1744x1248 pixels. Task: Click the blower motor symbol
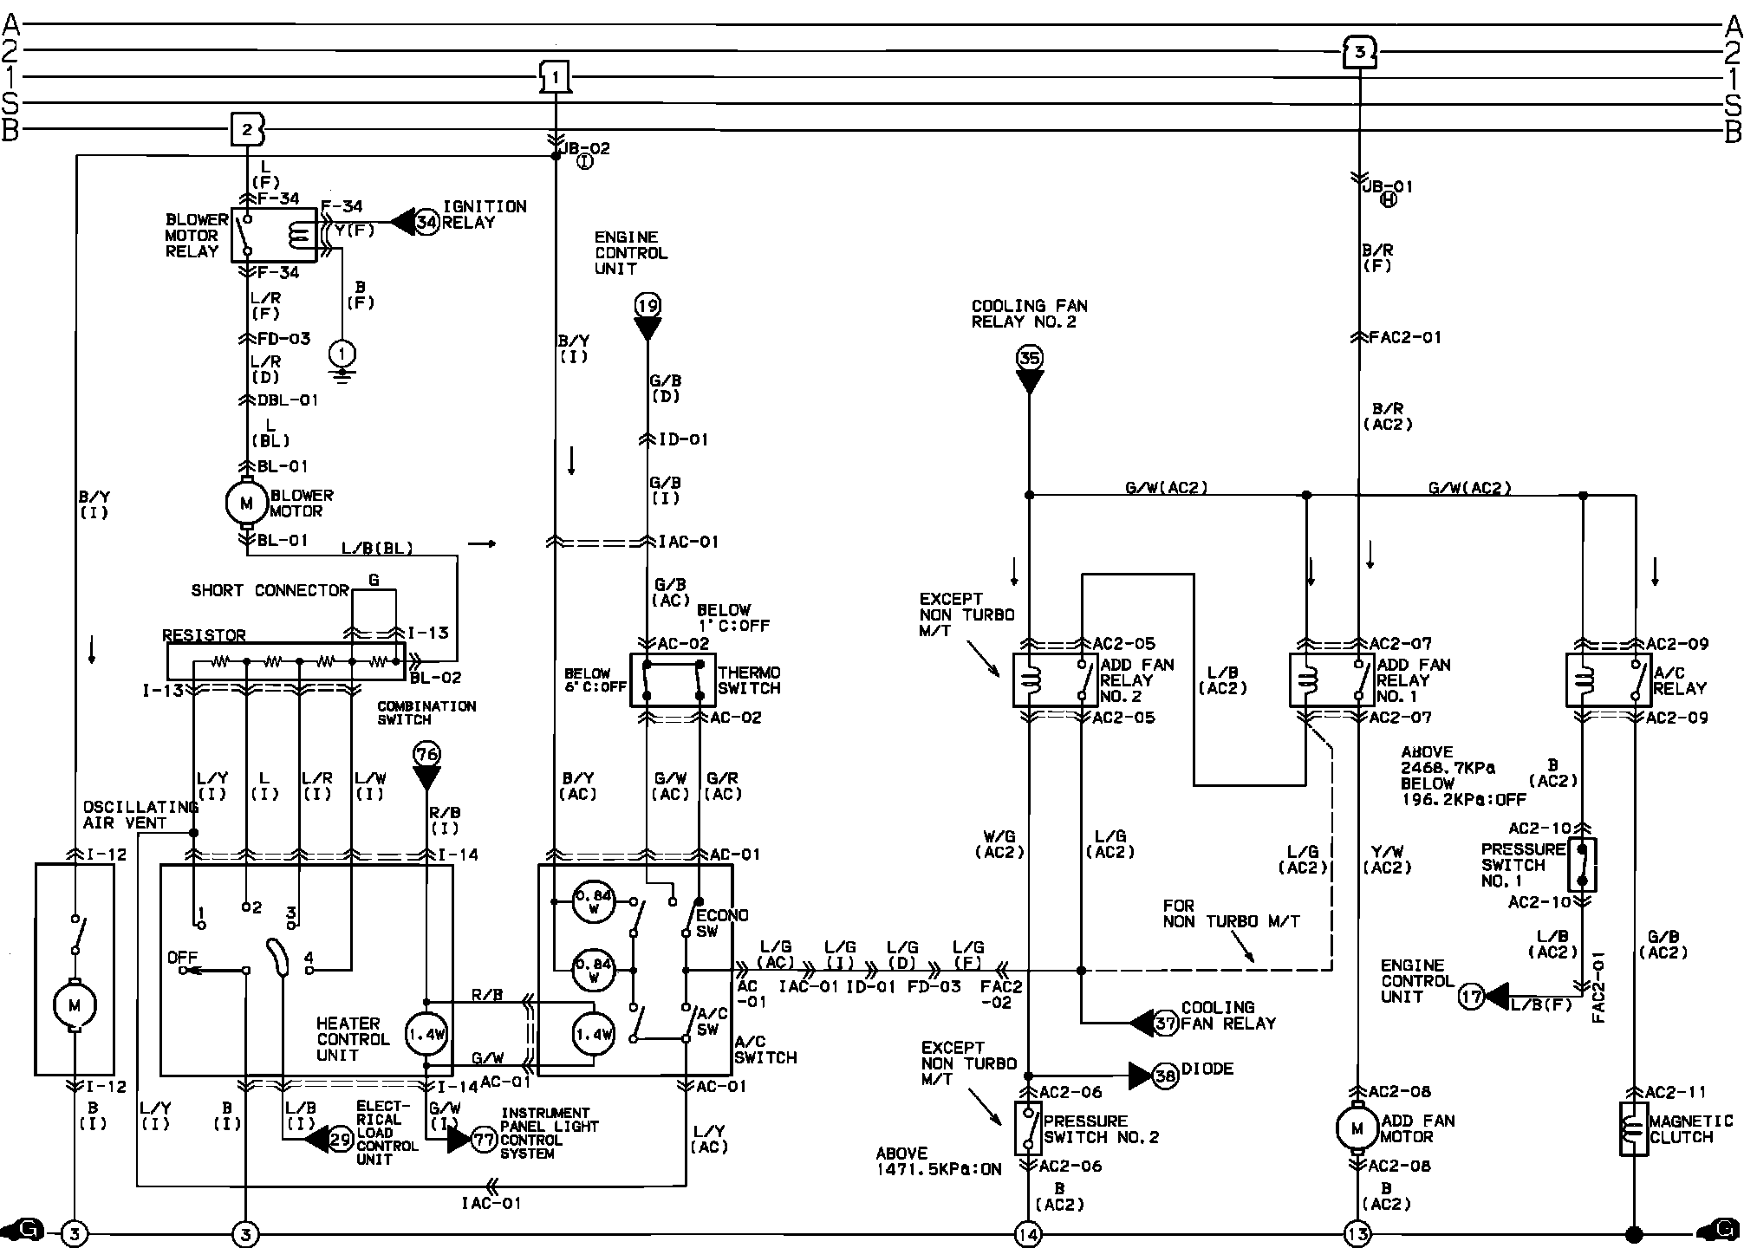[246, 503]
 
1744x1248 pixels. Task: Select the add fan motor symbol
[1357, 1128]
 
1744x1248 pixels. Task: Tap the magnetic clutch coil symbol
[1634, 1128]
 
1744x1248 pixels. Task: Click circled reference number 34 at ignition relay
[426, 222]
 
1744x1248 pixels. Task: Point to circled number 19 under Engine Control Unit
[647, 305]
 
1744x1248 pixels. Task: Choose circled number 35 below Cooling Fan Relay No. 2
[1029, 358]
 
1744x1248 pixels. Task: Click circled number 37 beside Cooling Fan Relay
[1166, 1023]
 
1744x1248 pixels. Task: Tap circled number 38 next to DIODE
[1165, 1076]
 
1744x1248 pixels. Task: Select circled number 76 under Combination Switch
[426, 753]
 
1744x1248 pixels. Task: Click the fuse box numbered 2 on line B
[247, 130]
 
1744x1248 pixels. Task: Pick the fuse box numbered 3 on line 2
[1359, 52]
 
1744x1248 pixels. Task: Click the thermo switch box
[673, 680]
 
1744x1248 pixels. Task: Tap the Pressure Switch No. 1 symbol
[1583, 864]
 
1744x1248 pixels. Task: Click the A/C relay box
[1610, 680]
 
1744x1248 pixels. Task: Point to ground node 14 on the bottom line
[1029, 1233]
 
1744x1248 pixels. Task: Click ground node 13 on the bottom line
[1357, 1233]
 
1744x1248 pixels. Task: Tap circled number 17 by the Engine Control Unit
[1471, 997]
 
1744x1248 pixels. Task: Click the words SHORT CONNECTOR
[270, 590]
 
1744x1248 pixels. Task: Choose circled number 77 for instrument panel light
[484, 1140]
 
